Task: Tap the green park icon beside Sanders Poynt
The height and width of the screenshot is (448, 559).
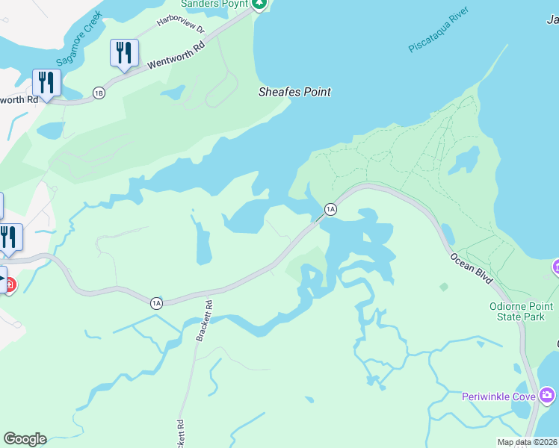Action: point(259,4)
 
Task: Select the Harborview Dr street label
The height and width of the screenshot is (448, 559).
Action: point(180,23)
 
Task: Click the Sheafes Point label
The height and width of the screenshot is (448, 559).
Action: point(294,92)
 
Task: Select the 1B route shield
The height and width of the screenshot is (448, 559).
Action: point(99,93)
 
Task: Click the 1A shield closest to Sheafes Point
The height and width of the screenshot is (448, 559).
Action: point(330,209)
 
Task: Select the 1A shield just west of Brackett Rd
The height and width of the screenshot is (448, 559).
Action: point(155,302)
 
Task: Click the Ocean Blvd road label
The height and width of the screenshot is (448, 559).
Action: point(471,267)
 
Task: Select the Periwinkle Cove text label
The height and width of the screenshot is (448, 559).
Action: point(498,396)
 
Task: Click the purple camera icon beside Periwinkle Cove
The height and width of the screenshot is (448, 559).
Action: point(547,394)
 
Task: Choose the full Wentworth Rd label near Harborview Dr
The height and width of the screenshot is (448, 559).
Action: point(176,55)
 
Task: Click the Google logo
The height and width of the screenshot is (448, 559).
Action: point(25,439)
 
